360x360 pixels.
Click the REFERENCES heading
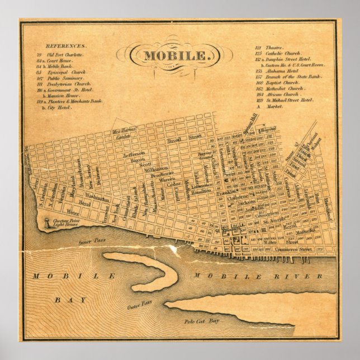(x=66, y=46)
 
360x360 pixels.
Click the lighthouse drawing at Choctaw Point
(x=44, y=222)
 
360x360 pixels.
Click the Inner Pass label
(x=81, y=241)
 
